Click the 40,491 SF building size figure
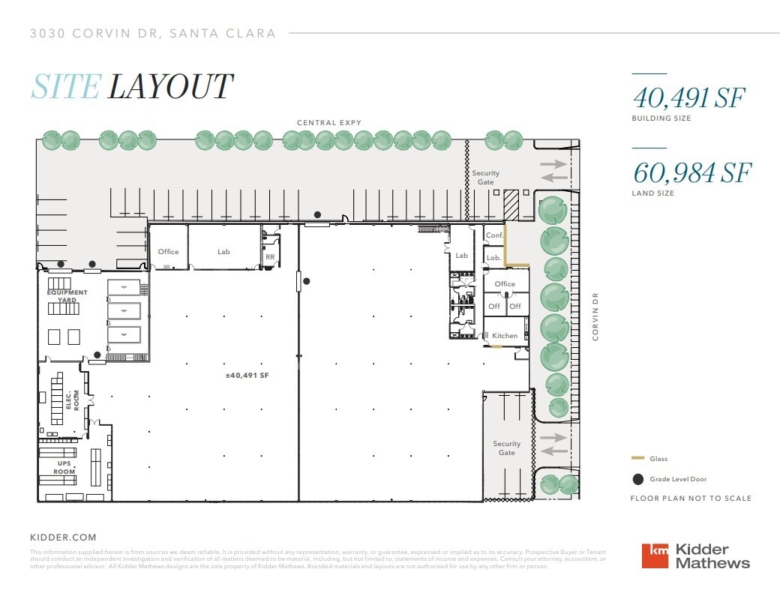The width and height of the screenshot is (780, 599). point(689,97)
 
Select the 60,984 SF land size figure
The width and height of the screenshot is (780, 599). point(691,172)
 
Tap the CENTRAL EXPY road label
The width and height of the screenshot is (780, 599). point(328,123)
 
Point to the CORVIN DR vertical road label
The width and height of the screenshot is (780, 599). point(596,316)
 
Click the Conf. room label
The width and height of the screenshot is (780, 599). point(494,235)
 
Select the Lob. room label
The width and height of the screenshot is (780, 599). point(493,258)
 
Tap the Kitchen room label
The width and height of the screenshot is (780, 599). point(505,336)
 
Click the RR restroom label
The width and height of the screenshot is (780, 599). point(270,256)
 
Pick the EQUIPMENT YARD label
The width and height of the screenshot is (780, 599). point(67,296)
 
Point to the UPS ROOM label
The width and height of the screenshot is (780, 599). point(64,468)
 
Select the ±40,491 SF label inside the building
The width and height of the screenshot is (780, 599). point(247,376)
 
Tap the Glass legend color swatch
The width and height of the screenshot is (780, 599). point(637,458)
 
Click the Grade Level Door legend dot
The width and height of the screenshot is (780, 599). point(637,479)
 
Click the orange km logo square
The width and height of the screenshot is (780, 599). point(656,556)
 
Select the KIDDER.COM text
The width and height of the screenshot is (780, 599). point(63,538)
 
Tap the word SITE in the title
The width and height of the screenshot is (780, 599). point(65,87)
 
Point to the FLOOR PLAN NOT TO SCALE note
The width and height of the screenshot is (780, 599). point(690,499)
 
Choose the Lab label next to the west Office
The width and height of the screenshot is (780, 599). point(223,252)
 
